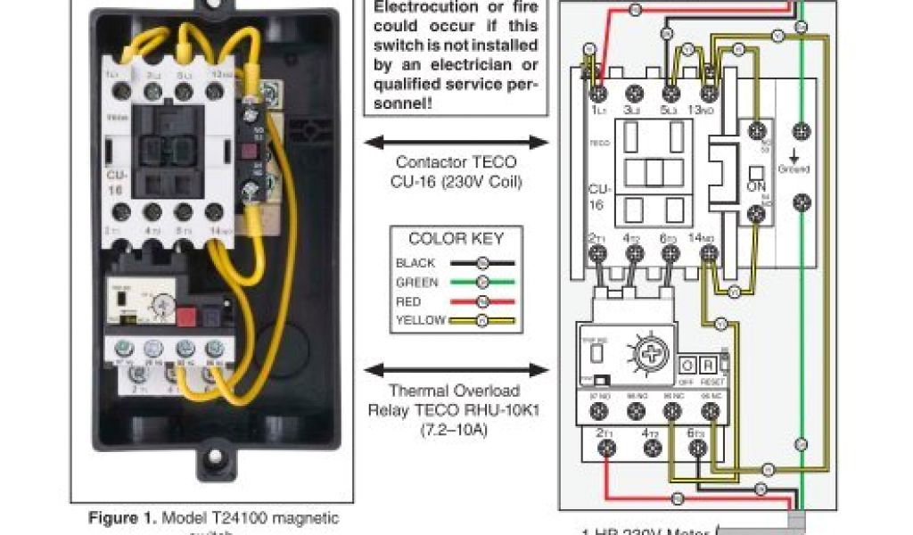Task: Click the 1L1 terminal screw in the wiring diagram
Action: [597, 93]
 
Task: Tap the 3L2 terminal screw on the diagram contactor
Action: [635, 93]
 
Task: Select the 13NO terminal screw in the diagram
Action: [709, 93]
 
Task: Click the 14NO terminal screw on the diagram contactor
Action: [709, 254]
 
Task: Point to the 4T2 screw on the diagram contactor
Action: [635, 254]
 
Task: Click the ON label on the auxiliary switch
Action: [756, 189]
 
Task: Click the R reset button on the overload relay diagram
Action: [707, 366]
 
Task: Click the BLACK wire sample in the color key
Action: [483, 263]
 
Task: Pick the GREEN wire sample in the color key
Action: [483, 283]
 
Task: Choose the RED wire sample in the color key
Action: [483, 302]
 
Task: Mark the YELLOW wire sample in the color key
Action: [483, 321]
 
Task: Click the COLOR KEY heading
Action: [456, 239]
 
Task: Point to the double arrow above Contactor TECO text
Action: [456, 142]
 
